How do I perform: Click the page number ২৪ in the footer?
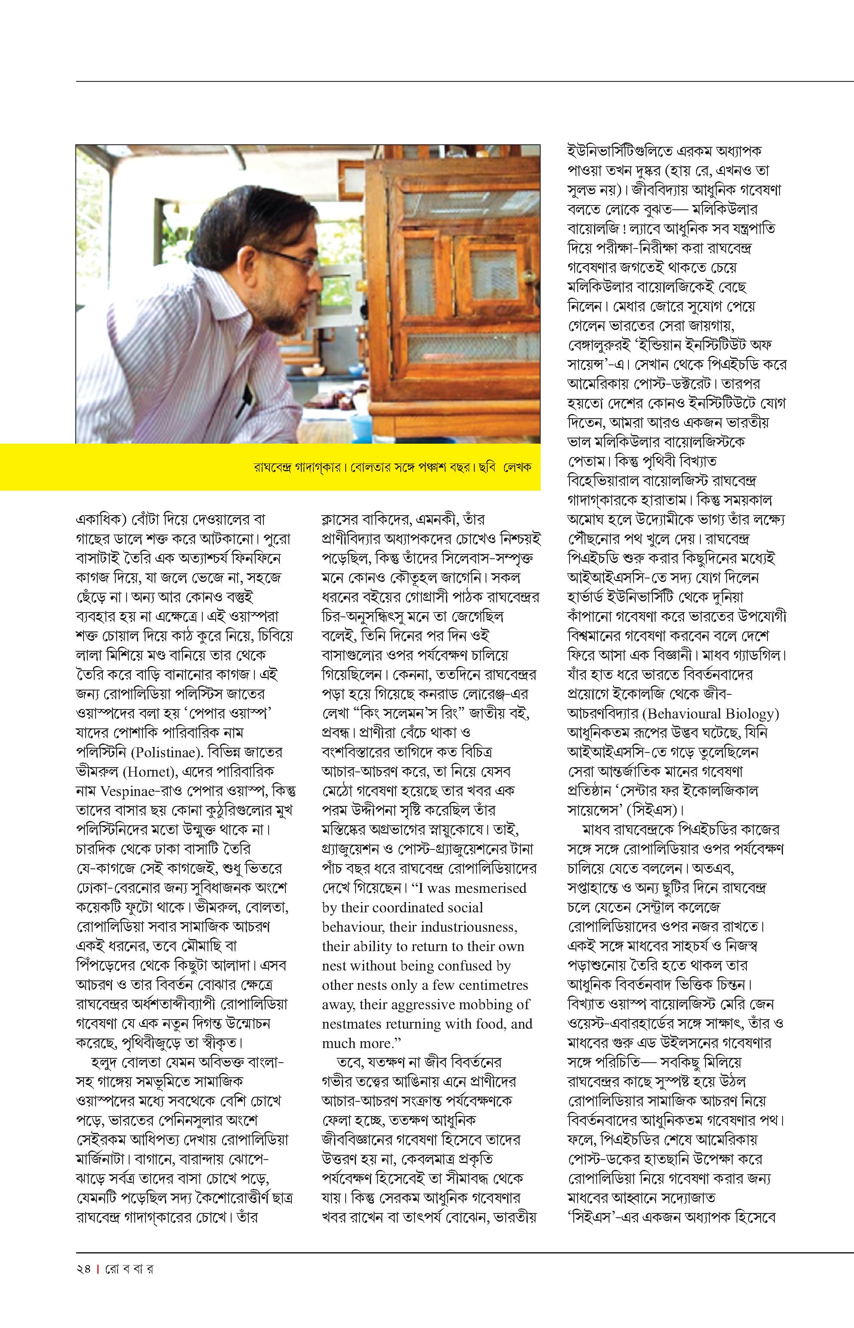(84, 1269)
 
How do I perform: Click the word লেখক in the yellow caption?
(517, 467)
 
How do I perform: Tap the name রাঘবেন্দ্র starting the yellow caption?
(273, 467)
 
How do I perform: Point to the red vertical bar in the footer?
(98, 1269)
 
